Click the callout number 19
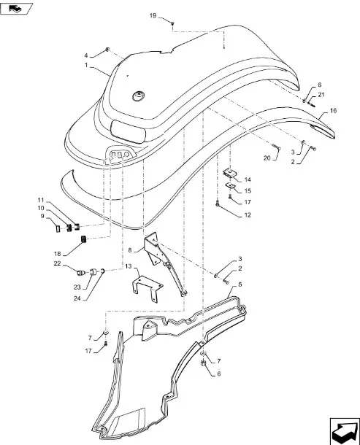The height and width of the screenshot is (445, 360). pos(153,15)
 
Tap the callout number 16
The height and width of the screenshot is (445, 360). pos(333,111)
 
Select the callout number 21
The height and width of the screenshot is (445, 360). pos(321,95)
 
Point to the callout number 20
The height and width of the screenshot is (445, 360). pos(267,158)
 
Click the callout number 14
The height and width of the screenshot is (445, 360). pos(248,179)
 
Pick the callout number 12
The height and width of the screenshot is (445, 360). pos(248,215)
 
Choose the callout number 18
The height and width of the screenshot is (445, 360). pos(58,253)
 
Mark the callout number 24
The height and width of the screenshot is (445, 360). pos(77,298)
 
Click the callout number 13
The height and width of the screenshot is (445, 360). pos(129,266)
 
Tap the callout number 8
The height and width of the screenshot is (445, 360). pos(130,250)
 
